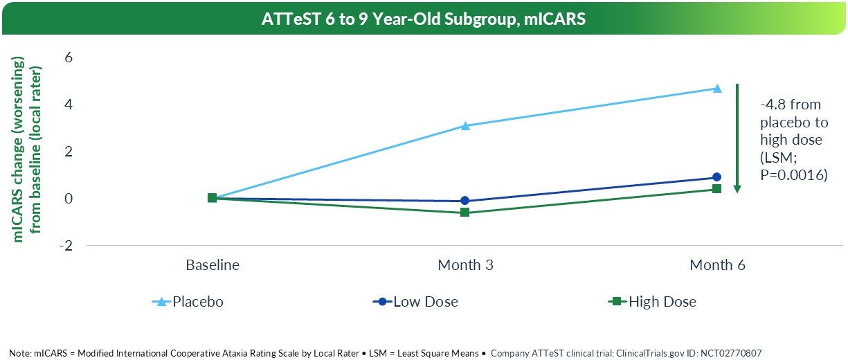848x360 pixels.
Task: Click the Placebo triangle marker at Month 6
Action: [x=717, y=88]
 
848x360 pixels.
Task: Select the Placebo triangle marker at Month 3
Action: [x=465, y=126]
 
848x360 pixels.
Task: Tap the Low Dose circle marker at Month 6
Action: [x=717, y=177]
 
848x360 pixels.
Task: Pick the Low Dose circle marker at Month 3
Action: [x=465, y=201]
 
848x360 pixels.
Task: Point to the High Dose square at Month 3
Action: [x=465, y=212]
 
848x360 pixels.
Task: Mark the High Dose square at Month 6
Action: [x=717, y=188]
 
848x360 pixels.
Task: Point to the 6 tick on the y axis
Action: [x=68, y=57]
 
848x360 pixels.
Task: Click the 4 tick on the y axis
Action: [x=68, y=105]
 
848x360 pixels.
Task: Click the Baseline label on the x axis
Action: [x=213, y=265]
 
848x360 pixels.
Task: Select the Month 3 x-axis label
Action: [x=465, y=265]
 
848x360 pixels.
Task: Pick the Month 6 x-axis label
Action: [x=717, y=265]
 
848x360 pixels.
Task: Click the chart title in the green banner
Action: [x=424, y=19]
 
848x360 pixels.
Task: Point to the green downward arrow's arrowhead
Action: [x=738, y=188]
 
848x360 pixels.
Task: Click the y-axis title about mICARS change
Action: [x=28, y=151]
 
